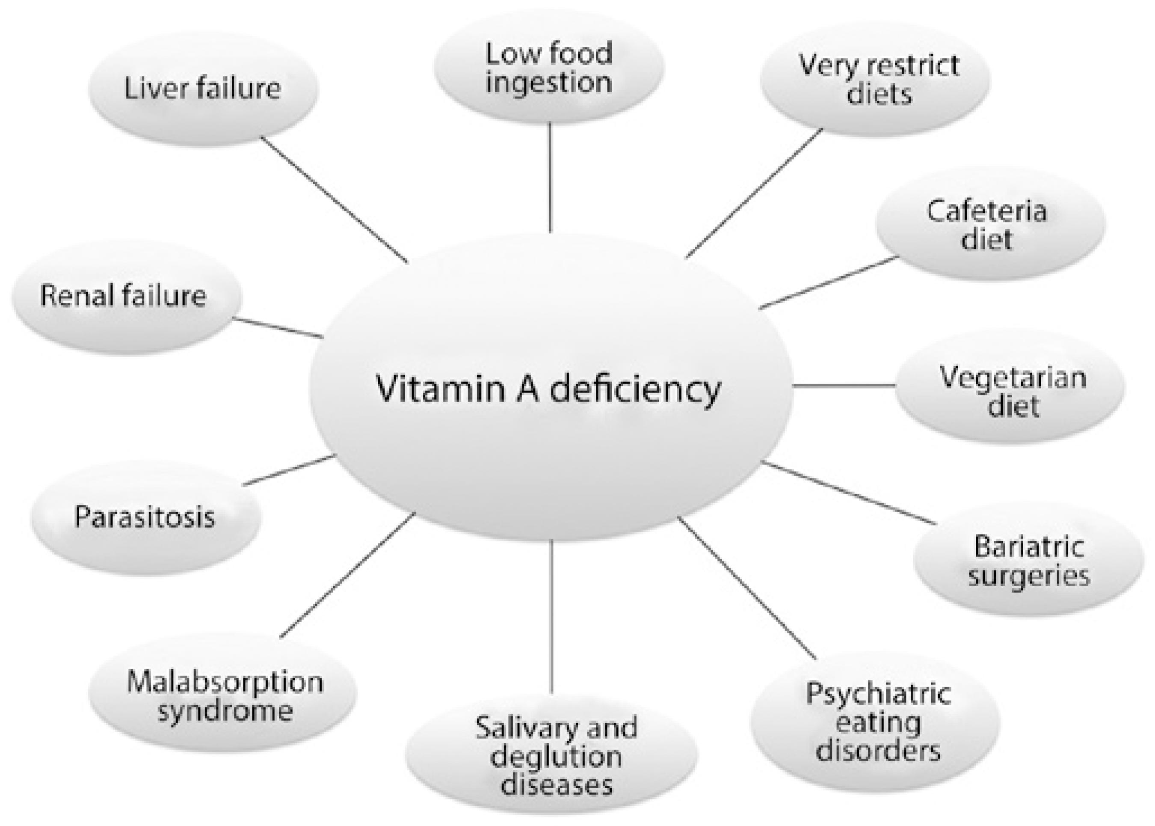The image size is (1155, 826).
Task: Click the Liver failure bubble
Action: [x=203, y=89]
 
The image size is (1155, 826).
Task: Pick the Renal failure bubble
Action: [x=124, y=296]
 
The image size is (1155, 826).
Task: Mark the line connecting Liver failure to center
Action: [x=334, y=199]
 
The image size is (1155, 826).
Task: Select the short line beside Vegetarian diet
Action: [x=844, y=386]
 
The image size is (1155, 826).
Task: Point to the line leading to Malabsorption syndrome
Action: [x=348, y=575]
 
